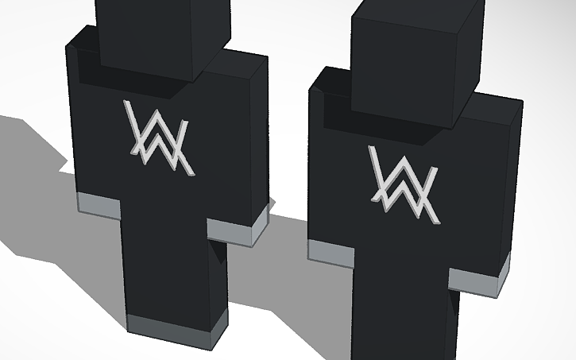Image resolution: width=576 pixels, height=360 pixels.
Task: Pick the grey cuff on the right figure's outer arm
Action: pyautogui.click(x=477, y=281)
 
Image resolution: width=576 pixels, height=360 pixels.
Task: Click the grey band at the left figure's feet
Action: pyautogui.click(x=171, y=326)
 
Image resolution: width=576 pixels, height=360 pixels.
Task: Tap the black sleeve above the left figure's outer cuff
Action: pyautogui.click(x=91, y=143)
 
